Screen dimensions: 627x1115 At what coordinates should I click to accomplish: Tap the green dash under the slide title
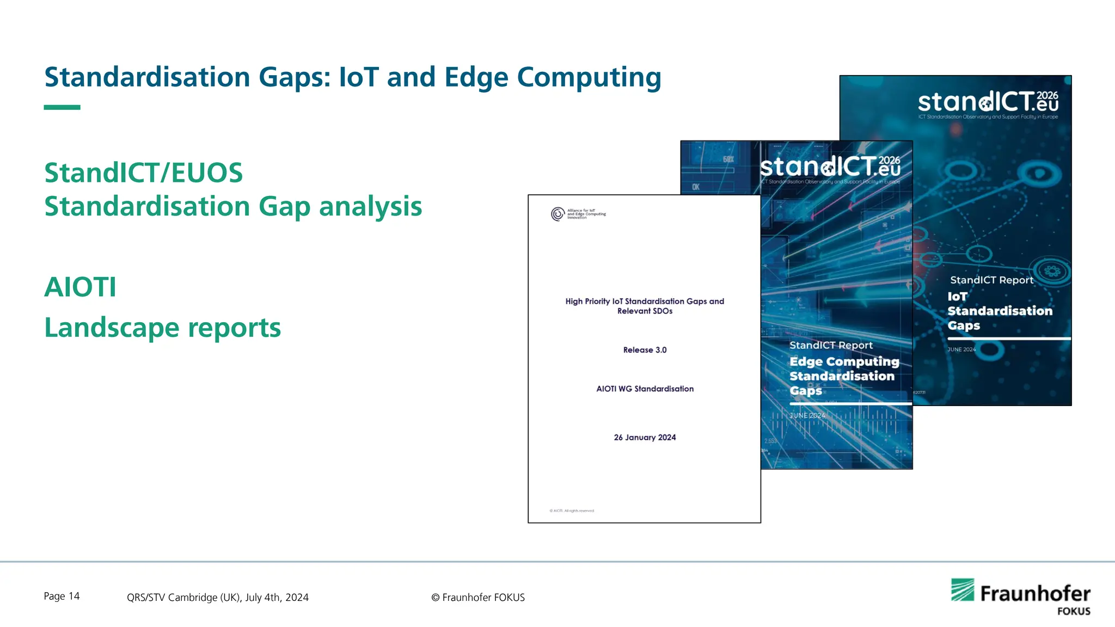(62, 107)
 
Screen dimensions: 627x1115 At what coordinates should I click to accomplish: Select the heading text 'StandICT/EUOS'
(143, 173)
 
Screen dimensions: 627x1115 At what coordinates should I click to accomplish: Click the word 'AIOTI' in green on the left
(80, 287)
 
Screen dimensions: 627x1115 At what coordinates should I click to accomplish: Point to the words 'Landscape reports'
(162, 328)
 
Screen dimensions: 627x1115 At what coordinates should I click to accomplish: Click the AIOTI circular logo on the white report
(557, 214)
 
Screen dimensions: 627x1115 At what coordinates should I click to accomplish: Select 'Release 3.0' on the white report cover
(645, 350)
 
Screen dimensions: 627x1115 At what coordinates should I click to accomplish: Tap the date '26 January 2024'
(645, 438)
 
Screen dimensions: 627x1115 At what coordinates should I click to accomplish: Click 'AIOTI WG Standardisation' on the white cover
(645, 389)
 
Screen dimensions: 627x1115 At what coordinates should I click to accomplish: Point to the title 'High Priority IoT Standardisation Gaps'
(645, 302)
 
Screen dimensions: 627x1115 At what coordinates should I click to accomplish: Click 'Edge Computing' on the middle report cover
(844, 362)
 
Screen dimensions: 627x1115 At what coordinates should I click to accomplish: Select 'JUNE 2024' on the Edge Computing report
(807, 415)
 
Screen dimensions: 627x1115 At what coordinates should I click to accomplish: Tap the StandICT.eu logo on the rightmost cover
(988, 102)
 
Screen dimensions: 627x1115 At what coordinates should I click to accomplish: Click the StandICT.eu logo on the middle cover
(830, 167)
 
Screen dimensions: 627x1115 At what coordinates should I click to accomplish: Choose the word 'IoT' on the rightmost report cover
(957, 297)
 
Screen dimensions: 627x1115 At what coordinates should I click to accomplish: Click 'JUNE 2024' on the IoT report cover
(961, 349)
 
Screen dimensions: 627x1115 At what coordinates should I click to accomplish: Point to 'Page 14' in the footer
(62, 597)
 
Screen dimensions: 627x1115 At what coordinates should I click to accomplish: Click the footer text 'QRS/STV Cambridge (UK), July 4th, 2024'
(218, 598)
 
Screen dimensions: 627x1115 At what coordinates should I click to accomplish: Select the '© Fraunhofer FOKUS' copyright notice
(478, 598)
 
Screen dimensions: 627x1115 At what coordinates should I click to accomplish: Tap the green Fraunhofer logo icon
(962, 590)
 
